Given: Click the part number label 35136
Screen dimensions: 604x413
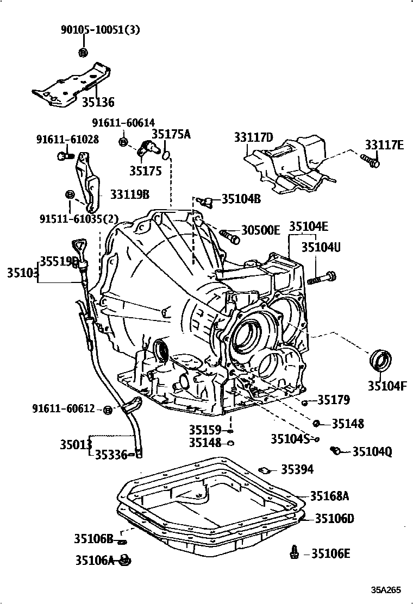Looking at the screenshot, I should [x=98, y=102].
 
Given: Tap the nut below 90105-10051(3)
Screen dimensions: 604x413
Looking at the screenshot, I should [x=82, y=53].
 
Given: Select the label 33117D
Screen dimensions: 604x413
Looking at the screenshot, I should [x=253, y=138].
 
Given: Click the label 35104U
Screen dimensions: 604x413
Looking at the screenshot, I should [x=321, y=248].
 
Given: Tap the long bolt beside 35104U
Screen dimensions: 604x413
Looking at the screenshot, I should [x=321, y=278].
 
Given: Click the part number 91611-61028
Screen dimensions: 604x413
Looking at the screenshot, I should [x=67, y=140].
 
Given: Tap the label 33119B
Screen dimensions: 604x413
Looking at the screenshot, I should [x=130, y=193].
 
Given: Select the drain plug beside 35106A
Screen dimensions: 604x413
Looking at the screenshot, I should [x=125, y=559].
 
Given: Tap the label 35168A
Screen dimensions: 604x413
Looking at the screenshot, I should [x=329, y=495].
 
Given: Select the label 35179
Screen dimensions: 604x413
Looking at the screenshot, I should [x=334, y=400].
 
